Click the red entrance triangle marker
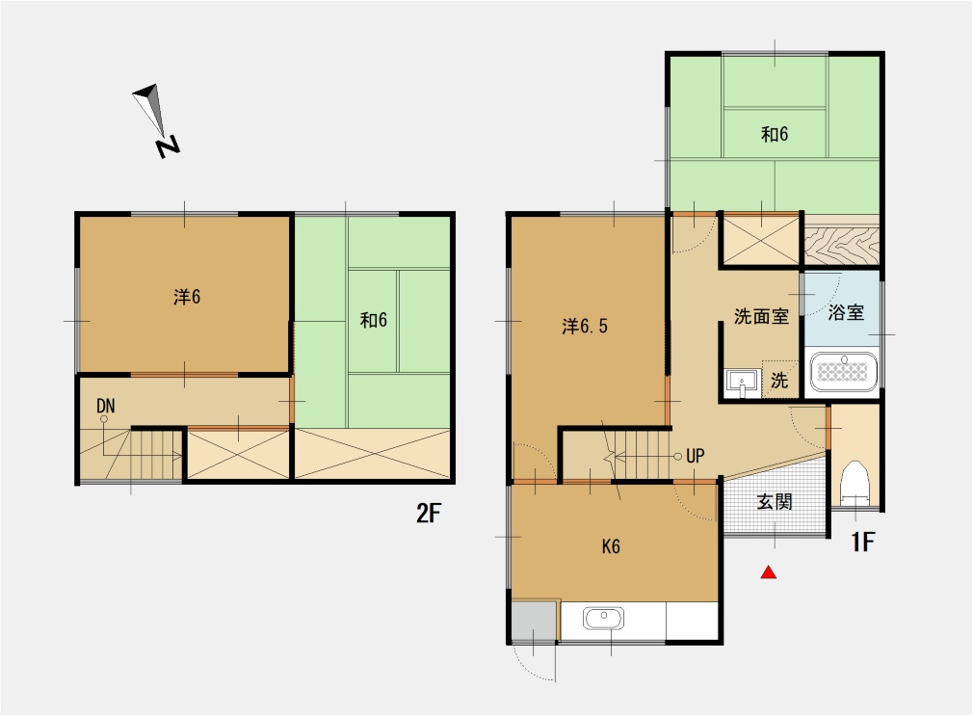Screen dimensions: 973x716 769,571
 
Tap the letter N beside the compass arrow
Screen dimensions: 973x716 167,146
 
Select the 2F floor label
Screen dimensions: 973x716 429,514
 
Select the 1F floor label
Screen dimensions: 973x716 862,542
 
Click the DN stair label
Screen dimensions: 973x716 106,406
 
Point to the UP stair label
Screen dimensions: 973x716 695,457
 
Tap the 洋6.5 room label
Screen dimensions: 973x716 585,326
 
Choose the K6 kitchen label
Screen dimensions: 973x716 611,546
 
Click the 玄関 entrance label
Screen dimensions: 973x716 775,502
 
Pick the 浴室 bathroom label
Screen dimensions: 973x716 846,312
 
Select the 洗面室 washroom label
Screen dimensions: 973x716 761,316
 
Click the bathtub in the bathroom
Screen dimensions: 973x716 843,371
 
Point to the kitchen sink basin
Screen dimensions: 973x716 603,619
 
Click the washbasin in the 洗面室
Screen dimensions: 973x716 742,383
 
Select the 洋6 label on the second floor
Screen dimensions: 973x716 187,297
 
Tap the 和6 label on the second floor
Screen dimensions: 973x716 374,320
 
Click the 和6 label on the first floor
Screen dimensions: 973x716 775,134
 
